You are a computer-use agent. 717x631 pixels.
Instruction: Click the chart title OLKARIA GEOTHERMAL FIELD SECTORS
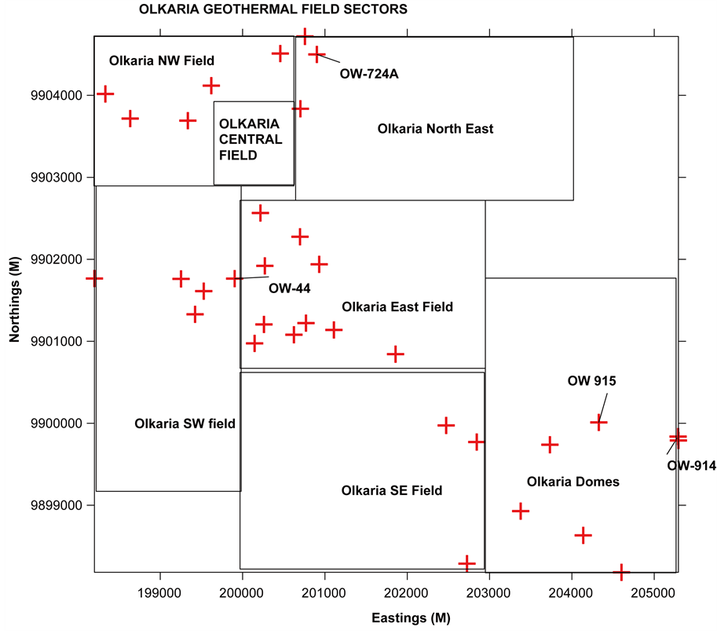click(273, 10)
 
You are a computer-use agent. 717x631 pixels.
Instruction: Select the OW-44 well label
click(290, 288)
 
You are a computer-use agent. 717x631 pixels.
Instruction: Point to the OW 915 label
click(592, 381)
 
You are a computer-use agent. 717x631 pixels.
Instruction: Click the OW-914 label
click(691, 466)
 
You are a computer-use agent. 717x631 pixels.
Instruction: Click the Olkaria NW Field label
click(162, 61)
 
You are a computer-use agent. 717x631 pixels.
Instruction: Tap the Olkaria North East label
click(435, 128)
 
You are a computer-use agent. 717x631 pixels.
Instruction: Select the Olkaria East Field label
click(397, 306)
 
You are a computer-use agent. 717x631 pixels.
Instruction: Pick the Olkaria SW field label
click(185, 424)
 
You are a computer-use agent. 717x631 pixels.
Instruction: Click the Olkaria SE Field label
click(392, 490)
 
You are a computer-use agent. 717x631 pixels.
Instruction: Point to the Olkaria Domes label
click(573, 482)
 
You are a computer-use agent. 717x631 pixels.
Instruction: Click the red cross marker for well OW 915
click(598, 423)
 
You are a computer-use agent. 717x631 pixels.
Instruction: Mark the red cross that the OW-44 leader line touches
click(234, 278)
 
